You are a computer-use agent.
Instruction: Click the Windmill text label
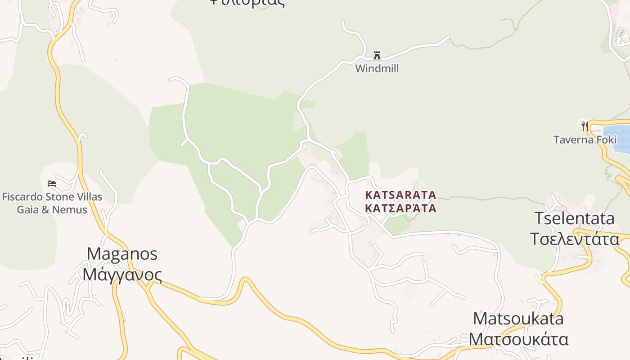tap(377, 68)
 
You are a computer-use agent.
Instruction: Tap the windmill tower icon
tap(377, 55)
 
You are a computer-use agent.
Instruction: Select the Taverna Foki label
tap(585, 139)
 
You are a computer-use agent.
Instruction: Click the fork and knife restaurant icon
tap(585, 126)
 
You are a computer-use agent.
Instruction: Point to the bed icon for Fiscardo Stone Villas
tap(52, 184)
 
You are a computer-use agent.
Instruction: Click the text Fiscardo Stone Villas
tap(52, 197)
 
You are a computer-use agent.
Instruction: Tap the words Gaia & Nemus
tap(52, 209)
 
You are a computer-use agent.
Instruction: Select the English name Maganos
tap(122, 253)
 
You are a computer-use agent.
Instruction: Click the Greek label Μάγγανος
tap(122, 274)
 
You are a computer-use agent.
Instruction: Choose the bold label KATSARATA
tap(400, 195)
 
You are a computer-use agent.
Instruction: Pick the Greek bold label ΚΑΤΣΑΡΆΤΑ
tap(400, 208)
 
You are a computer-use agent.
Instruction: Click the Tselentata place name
tap(574, 218)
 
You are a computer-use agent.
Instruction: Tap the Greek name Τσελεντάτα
tap(574, 239)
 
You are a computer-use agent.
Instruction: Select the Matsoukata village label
tap(518, 319)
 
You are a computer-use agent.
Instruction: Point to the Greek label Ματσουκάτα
tap(518, 339)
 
